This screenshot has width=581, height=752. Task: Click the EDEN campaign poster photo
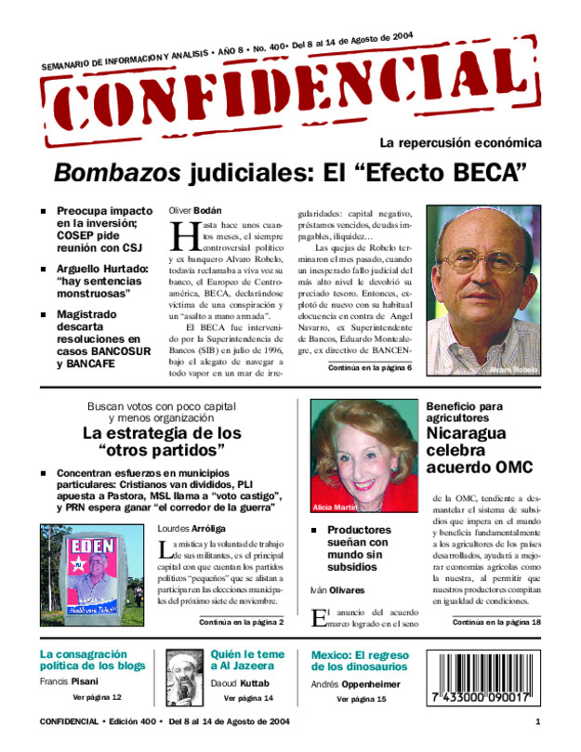90,577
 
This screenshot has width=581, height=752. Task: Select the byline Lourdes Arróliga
193,528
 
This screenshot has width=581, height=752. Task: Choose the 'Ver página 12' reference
97,696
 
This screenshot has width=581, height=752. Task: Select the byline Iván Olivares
337,589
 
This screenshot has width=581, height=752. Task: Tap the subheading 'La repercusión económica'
460,143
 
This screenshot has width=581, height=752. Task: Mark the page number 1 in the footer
538,722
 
